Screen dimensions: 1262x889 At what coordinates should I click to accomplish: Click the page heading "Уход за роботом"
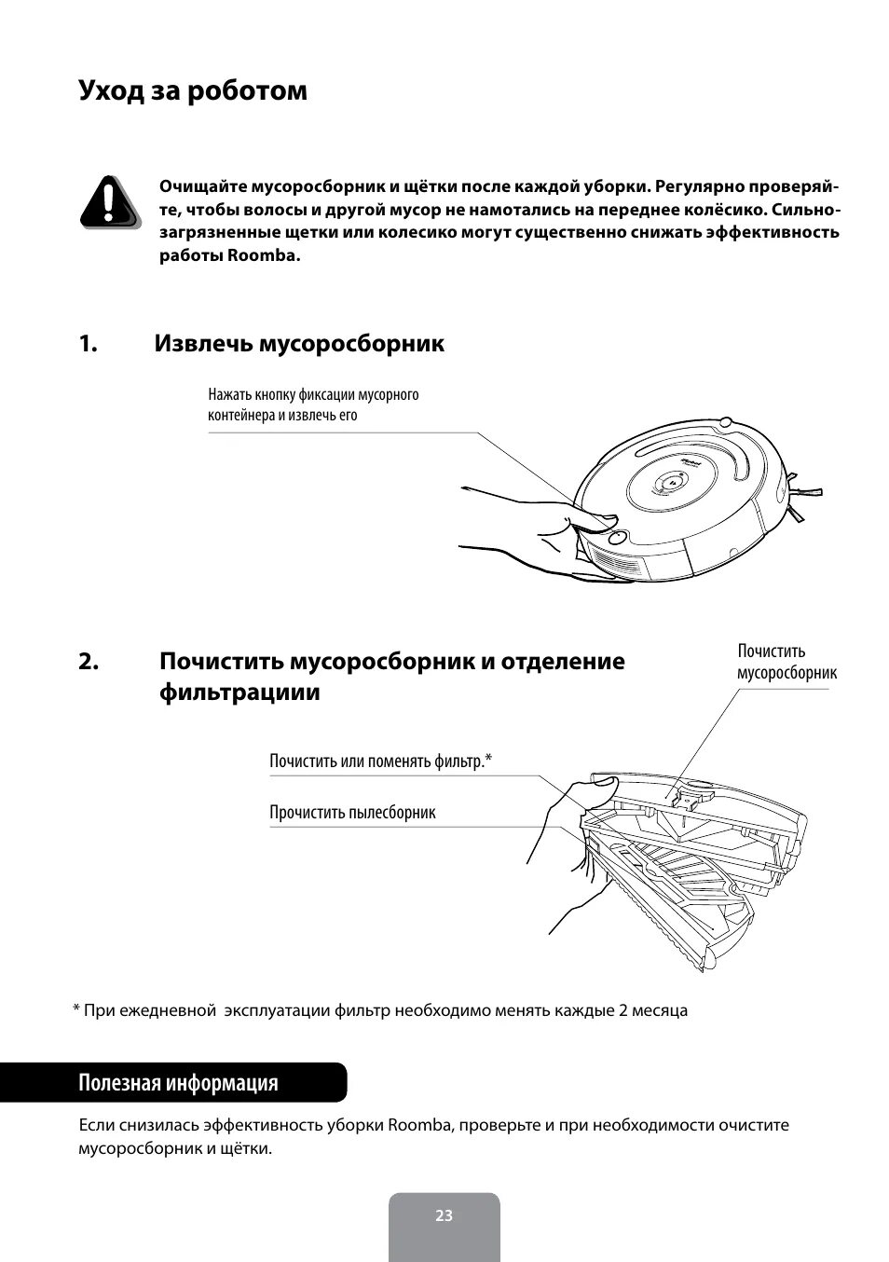(x=193, y=91)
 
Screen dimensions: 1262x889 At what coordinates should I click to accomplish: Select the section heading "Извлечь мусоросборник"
(x=299, y=344)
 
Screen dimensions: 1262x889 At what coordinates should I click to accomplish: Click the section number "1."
(x=88, y=344)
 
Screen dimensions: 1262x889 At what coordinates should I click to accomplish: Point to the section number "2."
(x=89, y=662)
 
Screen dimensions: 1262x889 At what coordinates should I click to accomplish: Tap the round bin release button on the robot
(x=616, y=537)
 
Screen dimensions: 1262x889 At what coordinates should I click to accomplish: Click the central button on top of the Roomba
(x=670, y=483)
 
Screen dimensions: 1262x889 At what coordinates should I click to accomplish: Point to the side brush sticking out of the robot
(x=807, y=486)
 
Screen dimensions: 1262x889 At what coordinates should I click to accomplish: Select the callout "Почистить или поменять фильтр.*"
(x=380, y=761)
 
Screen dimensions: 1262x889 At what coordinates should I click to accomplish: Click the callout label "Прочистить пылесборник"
(x=352, y=813)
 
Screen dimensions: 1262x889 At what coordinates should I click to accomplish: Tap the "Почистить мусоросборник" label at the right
(x=786, y=662)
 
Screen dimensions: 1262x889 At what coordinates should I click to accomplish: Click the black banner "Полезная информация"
(x=178, y=1083)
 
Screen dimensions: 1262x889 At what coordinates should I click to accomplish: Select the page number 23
(x=444, y=1215)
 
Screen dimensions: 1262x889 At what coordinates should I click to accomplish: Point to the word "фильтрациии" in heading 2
(x=239, y=693)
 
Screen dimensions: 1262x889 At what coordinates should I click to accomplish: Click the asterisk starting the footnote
(x=76, y=1010)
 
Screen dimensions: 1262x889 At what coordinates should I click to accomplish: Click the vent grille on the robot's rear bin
(x=619, y=564)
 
